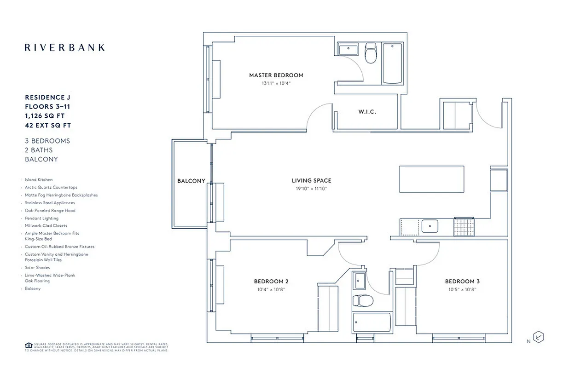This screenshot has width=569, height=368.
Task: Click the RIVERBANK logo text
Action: [64, 47]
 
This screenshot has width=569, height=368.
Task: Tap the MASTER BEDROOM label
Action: [276, 75]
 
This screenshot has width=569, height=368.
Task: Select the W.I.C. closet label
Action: [367, 112]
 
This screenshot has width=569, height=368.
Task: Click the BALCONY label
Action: [191, 181]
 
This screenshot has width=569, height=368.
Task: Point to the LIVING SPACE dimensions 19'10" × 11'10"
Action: [311, 189]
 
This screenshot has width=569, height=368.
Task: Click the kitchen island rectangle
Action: [431, 179]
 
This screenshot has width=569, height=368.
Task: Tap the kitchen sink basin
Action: [430, 226]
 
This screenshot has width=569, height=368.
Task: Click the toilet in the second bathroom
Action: [359, 301]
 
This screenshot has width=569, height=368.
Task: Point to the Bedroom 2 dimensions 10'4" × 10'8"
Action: [271, 290]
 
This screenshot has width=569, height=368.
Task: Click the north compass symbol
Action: [538, 337]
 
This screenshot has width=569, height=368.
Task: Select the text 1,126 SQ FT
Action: [47, 116]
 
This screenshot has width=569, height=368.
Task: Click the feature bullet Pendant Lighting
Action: [41, 218]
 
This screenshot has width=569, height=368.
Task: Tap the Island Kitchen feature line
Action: [39, 180]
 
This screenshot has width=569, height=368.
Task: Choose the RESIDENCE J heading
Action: [47, 98]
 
